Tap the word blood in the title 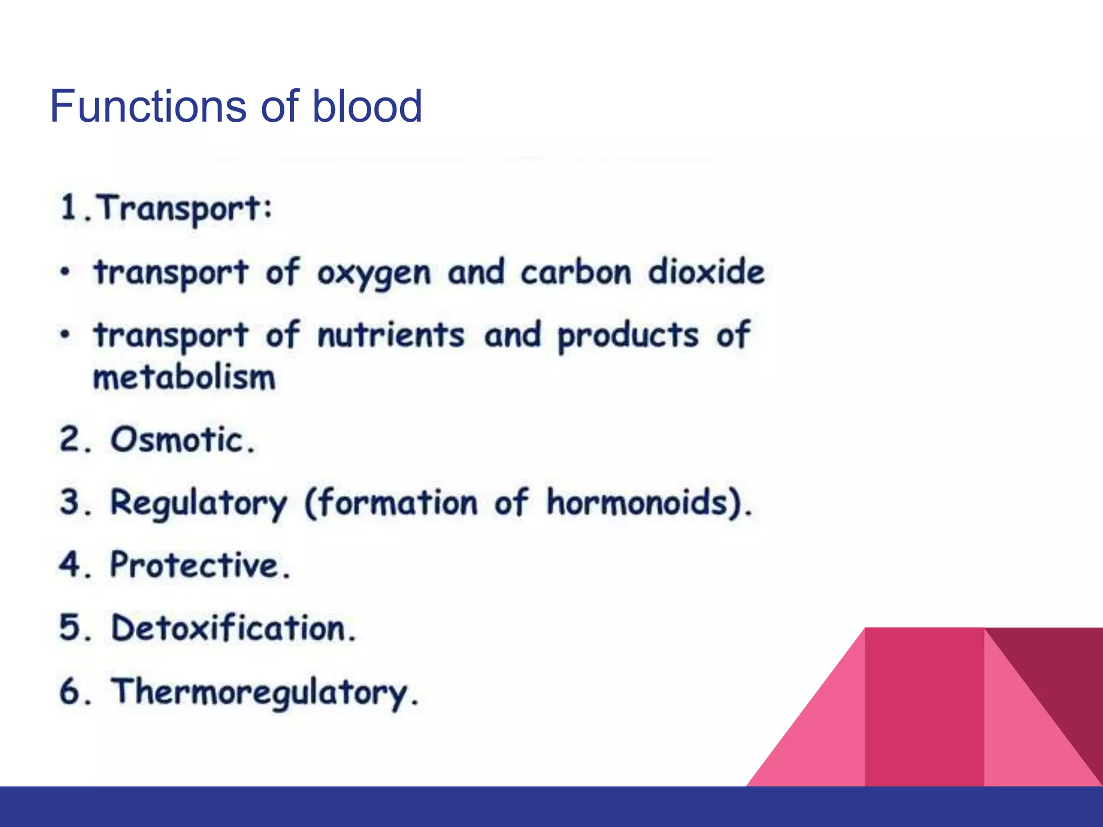point(367,106)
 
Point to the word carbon point(575,272)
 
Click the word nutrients point(390,335)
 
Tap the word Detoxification point(233,628)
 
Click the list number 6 point(70,691)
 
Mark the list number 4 point(70,565)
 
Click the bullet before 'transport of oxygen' point(65,272)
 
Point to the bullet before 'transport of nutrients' point(65,335)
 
